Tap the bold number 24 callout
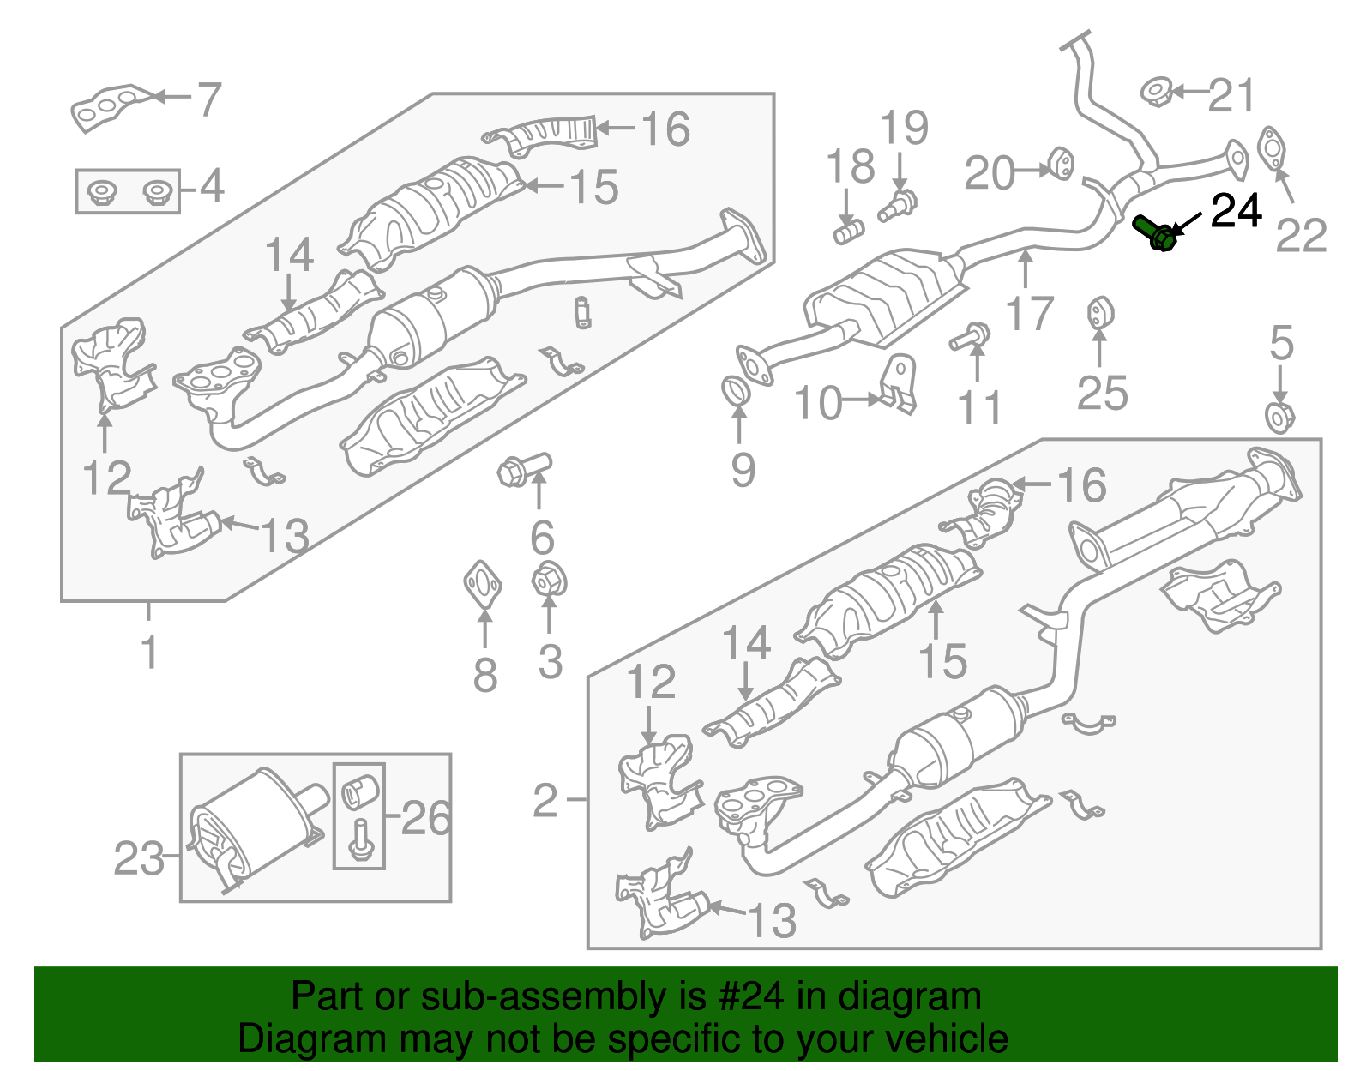pyautogui.click(x=1236, y=211)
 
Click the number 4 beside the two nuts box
pyautogui.click(x=211, y=186)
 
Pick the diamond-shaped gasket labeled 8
pyautogui.click(x=484, y=584)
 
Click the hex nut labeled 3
pyautogui.click(x=549, y=581)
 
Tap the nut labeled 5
pyautogui.click(x=1279, y=418)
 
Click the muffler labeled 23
pyautogui.click(x=253, y=827)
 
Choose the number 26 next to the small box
pyautogui.click(x=425, y=818)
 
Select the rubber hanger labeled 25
pyautogui.click(x=1099, y=313)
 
